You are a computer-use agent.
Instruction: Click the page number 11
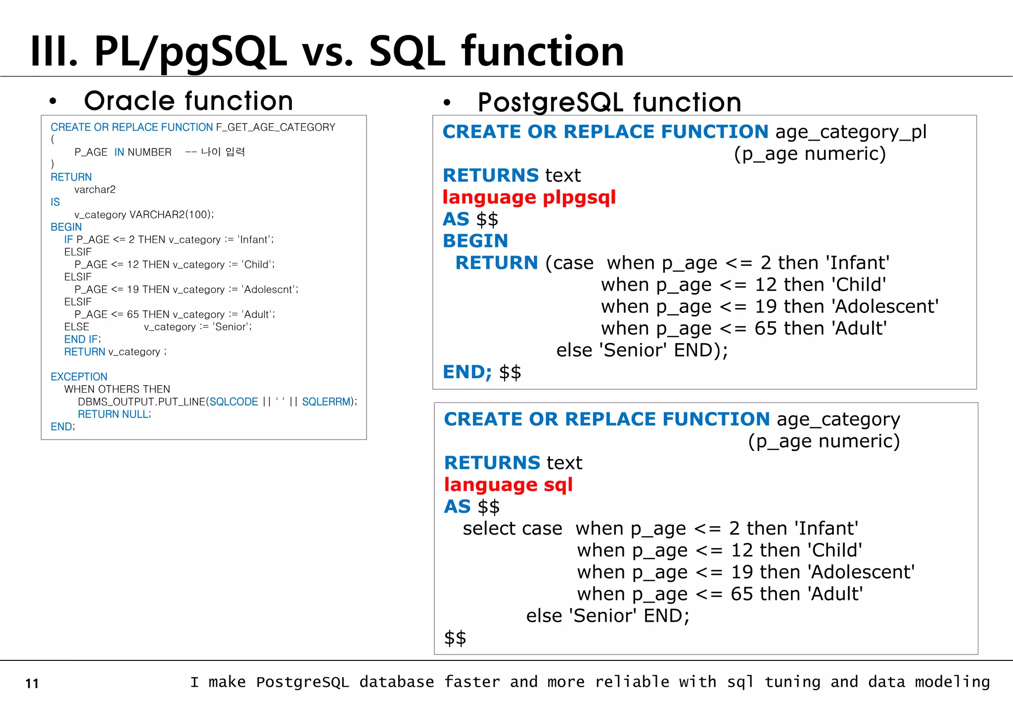coord(32,684)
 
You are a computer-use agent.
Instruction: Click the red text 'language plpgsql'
coord(529,198)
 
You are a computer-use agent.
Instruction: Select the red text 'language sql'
coord(508,485)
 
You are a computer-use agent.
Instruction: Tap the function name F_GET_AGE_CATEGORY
coord(276,127)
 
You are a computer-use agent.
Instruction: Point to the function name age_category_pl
coord(851,132)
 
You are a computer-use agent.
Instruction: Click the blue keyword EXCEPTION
coord(79,377)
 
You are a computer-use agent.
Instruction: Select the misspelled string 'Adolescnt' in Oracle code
coord(270,290)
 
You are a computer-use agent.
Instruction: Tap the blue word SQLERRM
coord(326,401)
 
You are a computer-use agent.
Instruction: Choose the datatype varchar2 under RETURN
coord(94,190)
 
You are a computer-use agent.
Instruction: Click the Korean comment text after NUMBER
coord(223,152)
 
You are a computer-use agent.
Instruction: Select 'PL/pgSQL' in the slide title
coord(191,51)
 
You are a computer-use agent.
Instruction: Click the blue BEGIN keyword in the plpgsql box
coord(475,241)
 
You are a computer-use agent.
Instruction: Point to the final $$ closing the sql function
coord(455,638)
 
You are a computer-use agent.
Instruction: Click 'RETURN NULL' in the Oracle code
coord(113,414)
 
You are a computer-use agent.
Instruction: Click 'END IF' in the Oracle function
coord(81,339)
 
